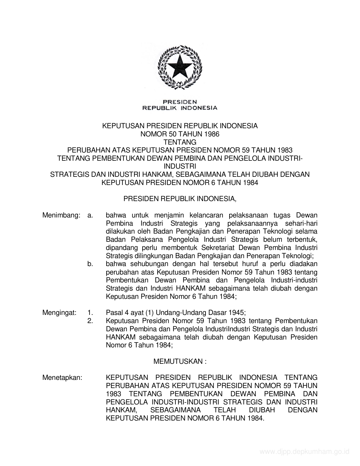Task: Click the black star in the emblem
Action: (180, 67)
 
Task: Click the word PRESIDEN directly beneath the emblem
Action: (180, 102)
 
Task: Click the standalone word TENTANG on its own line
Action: (180, 142)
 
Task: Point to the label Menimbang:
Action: (60, 215)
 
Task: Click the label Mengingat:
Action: (59, 313)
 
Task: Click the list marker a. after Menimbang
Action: (90, 215)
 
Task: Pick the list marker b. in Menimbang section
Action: (90, 264)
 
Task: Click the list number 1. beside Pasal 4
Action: (90, 313)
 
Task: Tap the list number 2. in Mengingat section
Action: (90, 321)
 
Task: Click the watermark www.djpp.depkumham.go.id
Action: (304, 452)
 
